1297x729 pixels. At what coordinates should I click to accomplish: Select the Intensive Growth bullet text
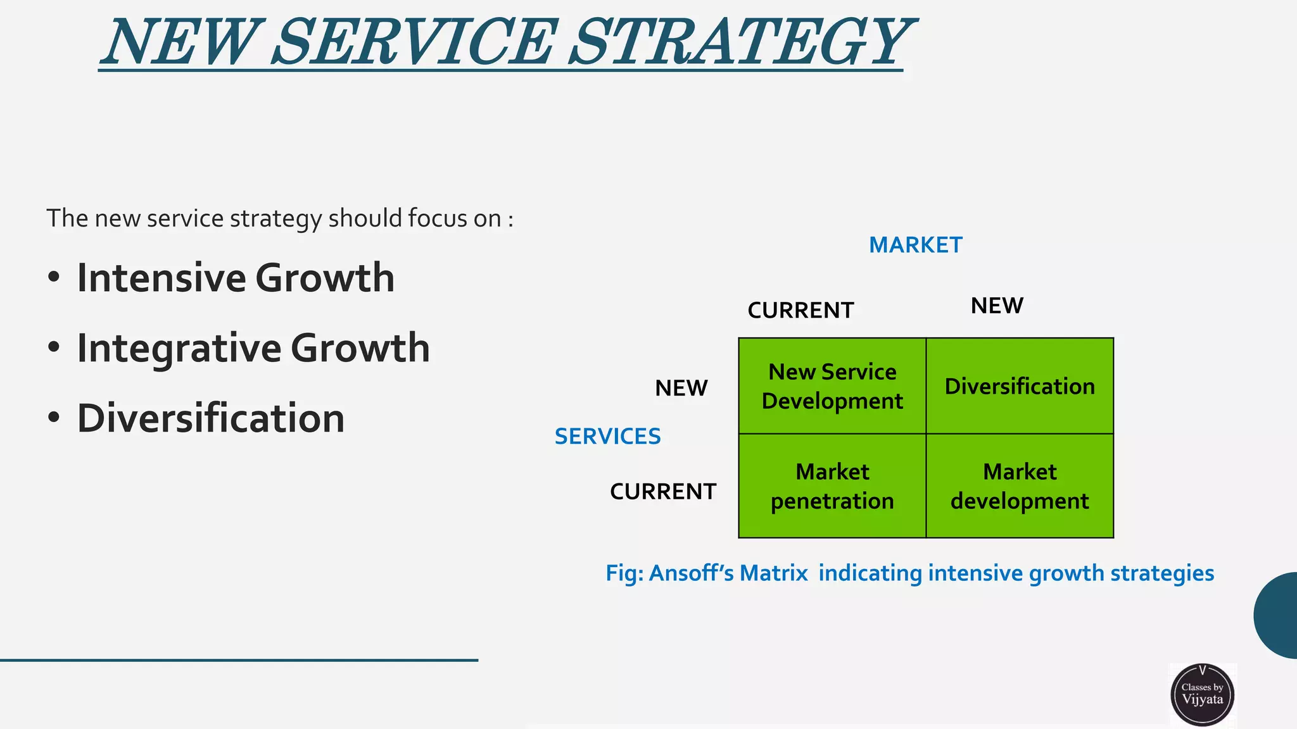[x=236, y=278]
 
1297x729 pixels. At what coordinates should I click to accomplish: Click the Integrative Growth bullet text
[x=253, y=348]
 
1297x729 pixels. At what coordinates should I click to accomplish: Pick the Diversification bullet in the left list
[x=211, y=418]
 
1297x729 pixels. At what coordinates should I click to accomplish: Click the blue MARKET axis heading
[x=915, y=245]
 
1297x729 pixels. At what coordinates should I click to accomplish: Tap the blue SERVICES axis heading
[x=607, y=437]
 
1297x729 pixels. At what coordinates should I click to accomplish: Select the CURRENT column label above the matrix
[x=800, y=311]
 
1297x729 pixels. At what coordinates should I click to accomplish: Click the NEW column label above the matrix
[x=997, y=306]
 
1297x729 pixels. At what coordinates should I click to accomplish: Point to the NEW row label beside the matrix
[x=681, y=388]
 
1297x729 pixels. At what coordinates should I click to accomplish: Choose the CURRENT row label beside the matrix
[x=662, y=492]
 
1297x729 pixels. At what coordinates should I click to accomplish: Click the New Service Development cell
[x=832, y=386]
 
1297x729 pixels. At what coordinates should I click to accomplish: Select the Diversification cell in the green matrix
[x=1020, y=386]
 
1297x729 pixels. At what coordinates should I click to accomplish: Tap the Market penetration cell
[x=832, y=486]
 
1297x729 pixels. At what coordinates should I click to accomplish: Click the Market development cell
[x=1020, y=486]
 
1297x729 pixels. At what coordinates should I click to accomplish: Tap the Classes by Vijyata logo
[x=1202, y=694]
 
